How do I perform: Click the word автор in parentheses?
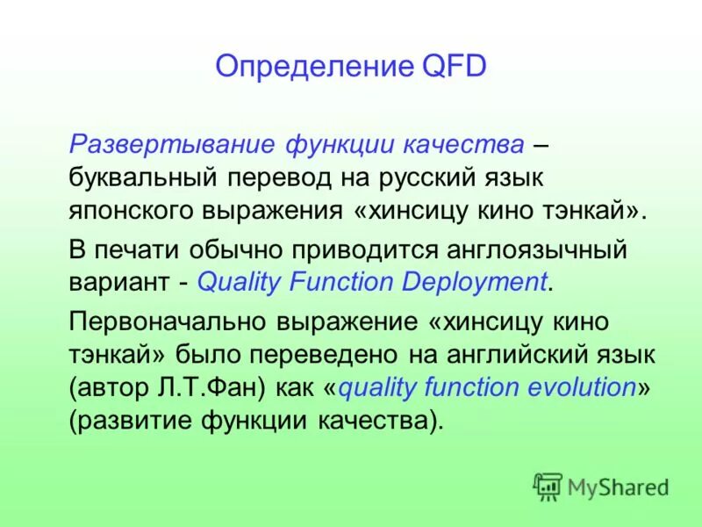(110, 388)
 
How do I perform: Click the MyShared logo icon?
(548, 486)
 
